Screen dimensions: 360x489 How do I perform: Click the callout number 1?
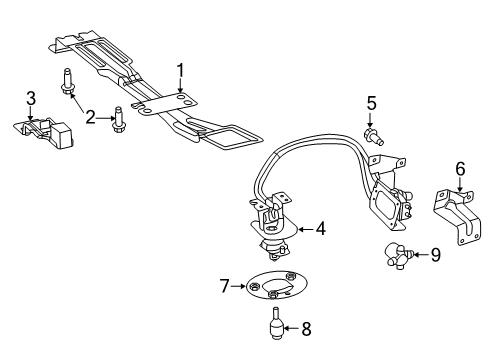[181, 69]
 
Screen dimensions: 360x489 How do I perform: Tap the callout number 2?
[90, 118]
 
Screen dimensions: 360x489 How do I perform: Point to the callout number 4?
[320, 228]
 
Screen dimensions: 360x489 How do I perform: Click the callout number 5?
[370, 102]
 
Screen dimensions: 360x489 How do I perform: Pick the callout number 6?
[460, 170]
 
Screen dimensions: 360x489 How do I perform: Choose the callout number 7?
[226, 287]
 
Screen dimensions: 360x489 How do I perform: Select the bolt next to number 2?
[118, 119]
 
